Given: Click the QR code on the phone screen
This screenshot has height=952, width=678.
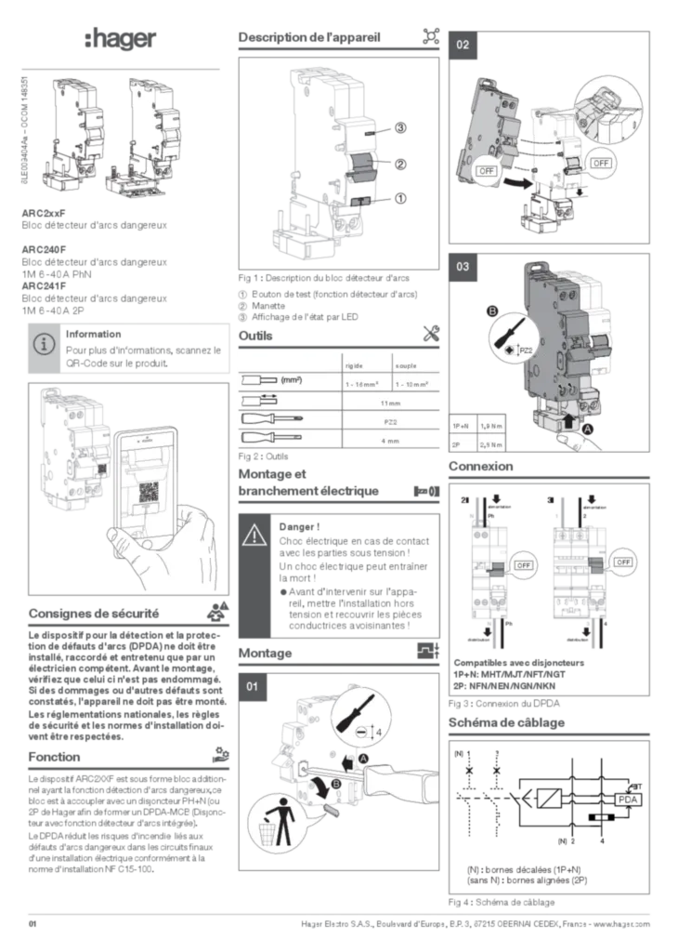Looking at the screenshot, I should click(148, 495).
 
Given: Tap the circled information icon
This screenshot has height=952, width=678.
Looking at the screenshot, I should click(43, 344).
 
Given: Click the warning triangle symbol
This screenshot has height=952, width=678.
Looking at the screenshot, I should click(254, 535).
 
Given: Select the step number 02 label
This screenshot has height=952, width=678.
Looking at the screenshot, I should click(463, 46).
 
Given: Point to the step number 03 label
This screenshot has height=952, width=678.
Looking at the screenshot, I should click(463, 268).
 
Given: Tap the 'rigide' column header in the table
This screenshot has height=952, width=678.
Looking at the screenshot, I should click(354, 365).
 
